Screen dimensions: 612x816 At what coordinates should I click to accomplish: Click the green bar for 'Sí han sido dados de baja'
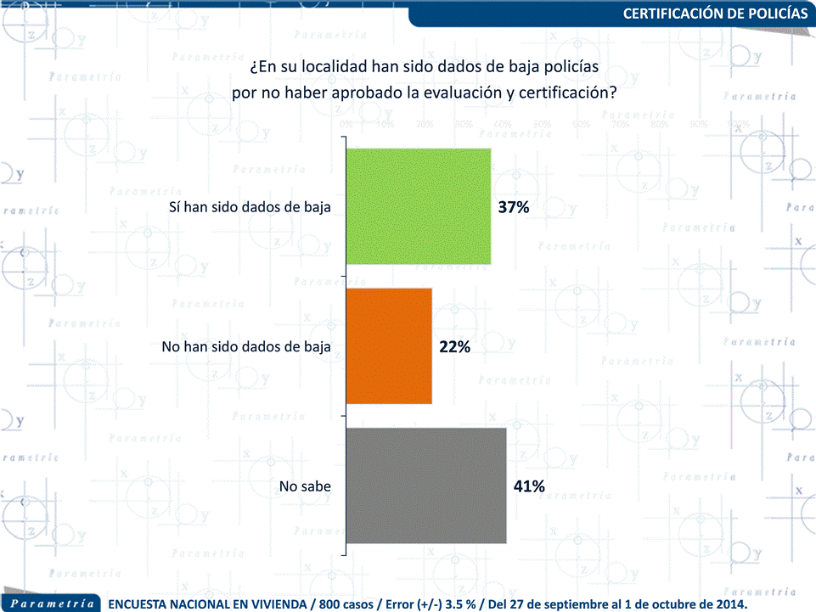419,206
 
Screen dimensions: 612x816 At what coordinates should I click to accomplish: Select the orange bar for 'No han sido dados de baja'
390,346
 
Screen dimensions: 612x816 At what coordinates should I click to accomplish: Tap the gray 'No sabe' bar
426,486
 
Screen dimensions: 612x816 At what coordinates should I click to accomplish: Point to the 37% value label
514,207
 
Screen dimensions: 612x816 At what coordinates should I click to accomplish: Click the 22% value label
454,347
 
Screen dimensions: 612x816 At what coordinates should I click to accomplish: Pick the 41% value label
528,486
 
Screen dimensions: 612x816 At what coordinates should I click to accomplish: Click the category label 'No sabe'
305,486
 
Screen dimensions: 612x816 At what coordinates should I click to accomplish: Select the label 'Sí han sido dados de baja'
250,207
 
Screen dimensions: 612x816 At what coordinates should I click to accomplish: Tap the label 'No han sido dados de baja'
245,347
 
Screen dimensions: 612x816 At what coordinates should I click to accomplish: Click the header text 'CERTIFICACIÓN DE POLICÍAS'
716,14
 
